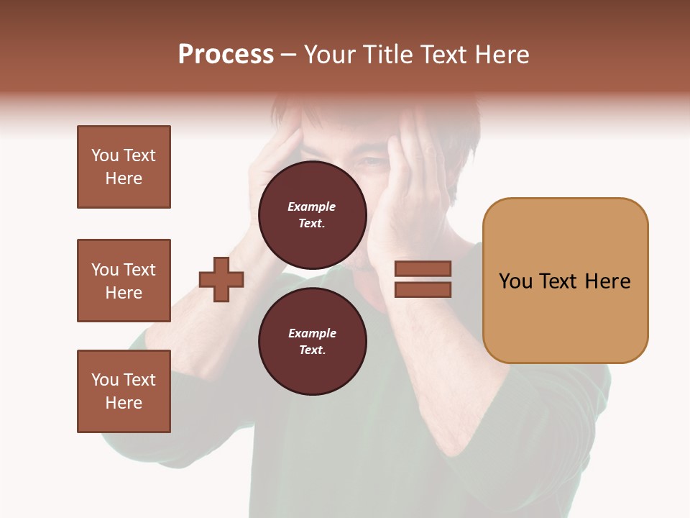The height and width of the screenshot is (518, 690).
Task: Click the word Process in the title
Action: click(226, 55)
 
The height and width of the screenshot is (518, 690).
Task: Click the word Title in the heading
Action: click(387, 55)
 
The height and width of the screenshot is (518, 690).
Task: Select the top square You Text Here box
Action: click(124, 167)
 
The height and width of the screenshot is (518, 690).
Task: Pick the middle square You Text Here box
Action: click(124, 281)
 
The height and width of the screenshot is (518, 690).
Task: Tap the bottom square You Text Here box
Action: click(124, 391)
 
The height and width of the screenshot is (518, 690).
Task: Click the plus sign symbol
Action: click(221, 279)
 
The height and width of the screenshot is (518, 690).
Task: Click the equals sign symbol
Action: click(423, 279)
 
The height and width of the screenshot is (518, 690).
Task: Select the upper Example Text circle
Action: click(312, 215)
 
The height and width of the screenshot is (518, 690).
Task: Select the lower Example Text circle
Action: click(312, 341)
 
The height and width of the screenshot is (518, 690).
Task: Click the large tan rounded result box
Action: click(565, 281)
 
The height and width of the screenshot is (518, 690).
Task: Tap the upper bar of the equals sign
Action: click(423, 268)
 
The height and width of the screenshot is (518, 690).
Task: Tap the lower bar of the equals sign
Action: click(423, 290)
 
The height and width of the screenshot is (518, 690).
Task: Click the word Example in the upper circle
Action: click(311, 206)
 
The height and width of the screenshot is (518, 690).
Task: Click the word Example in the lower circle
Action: click(312, 333)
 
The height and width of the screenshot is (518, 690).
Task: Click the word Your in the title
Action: click(329, 55)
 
